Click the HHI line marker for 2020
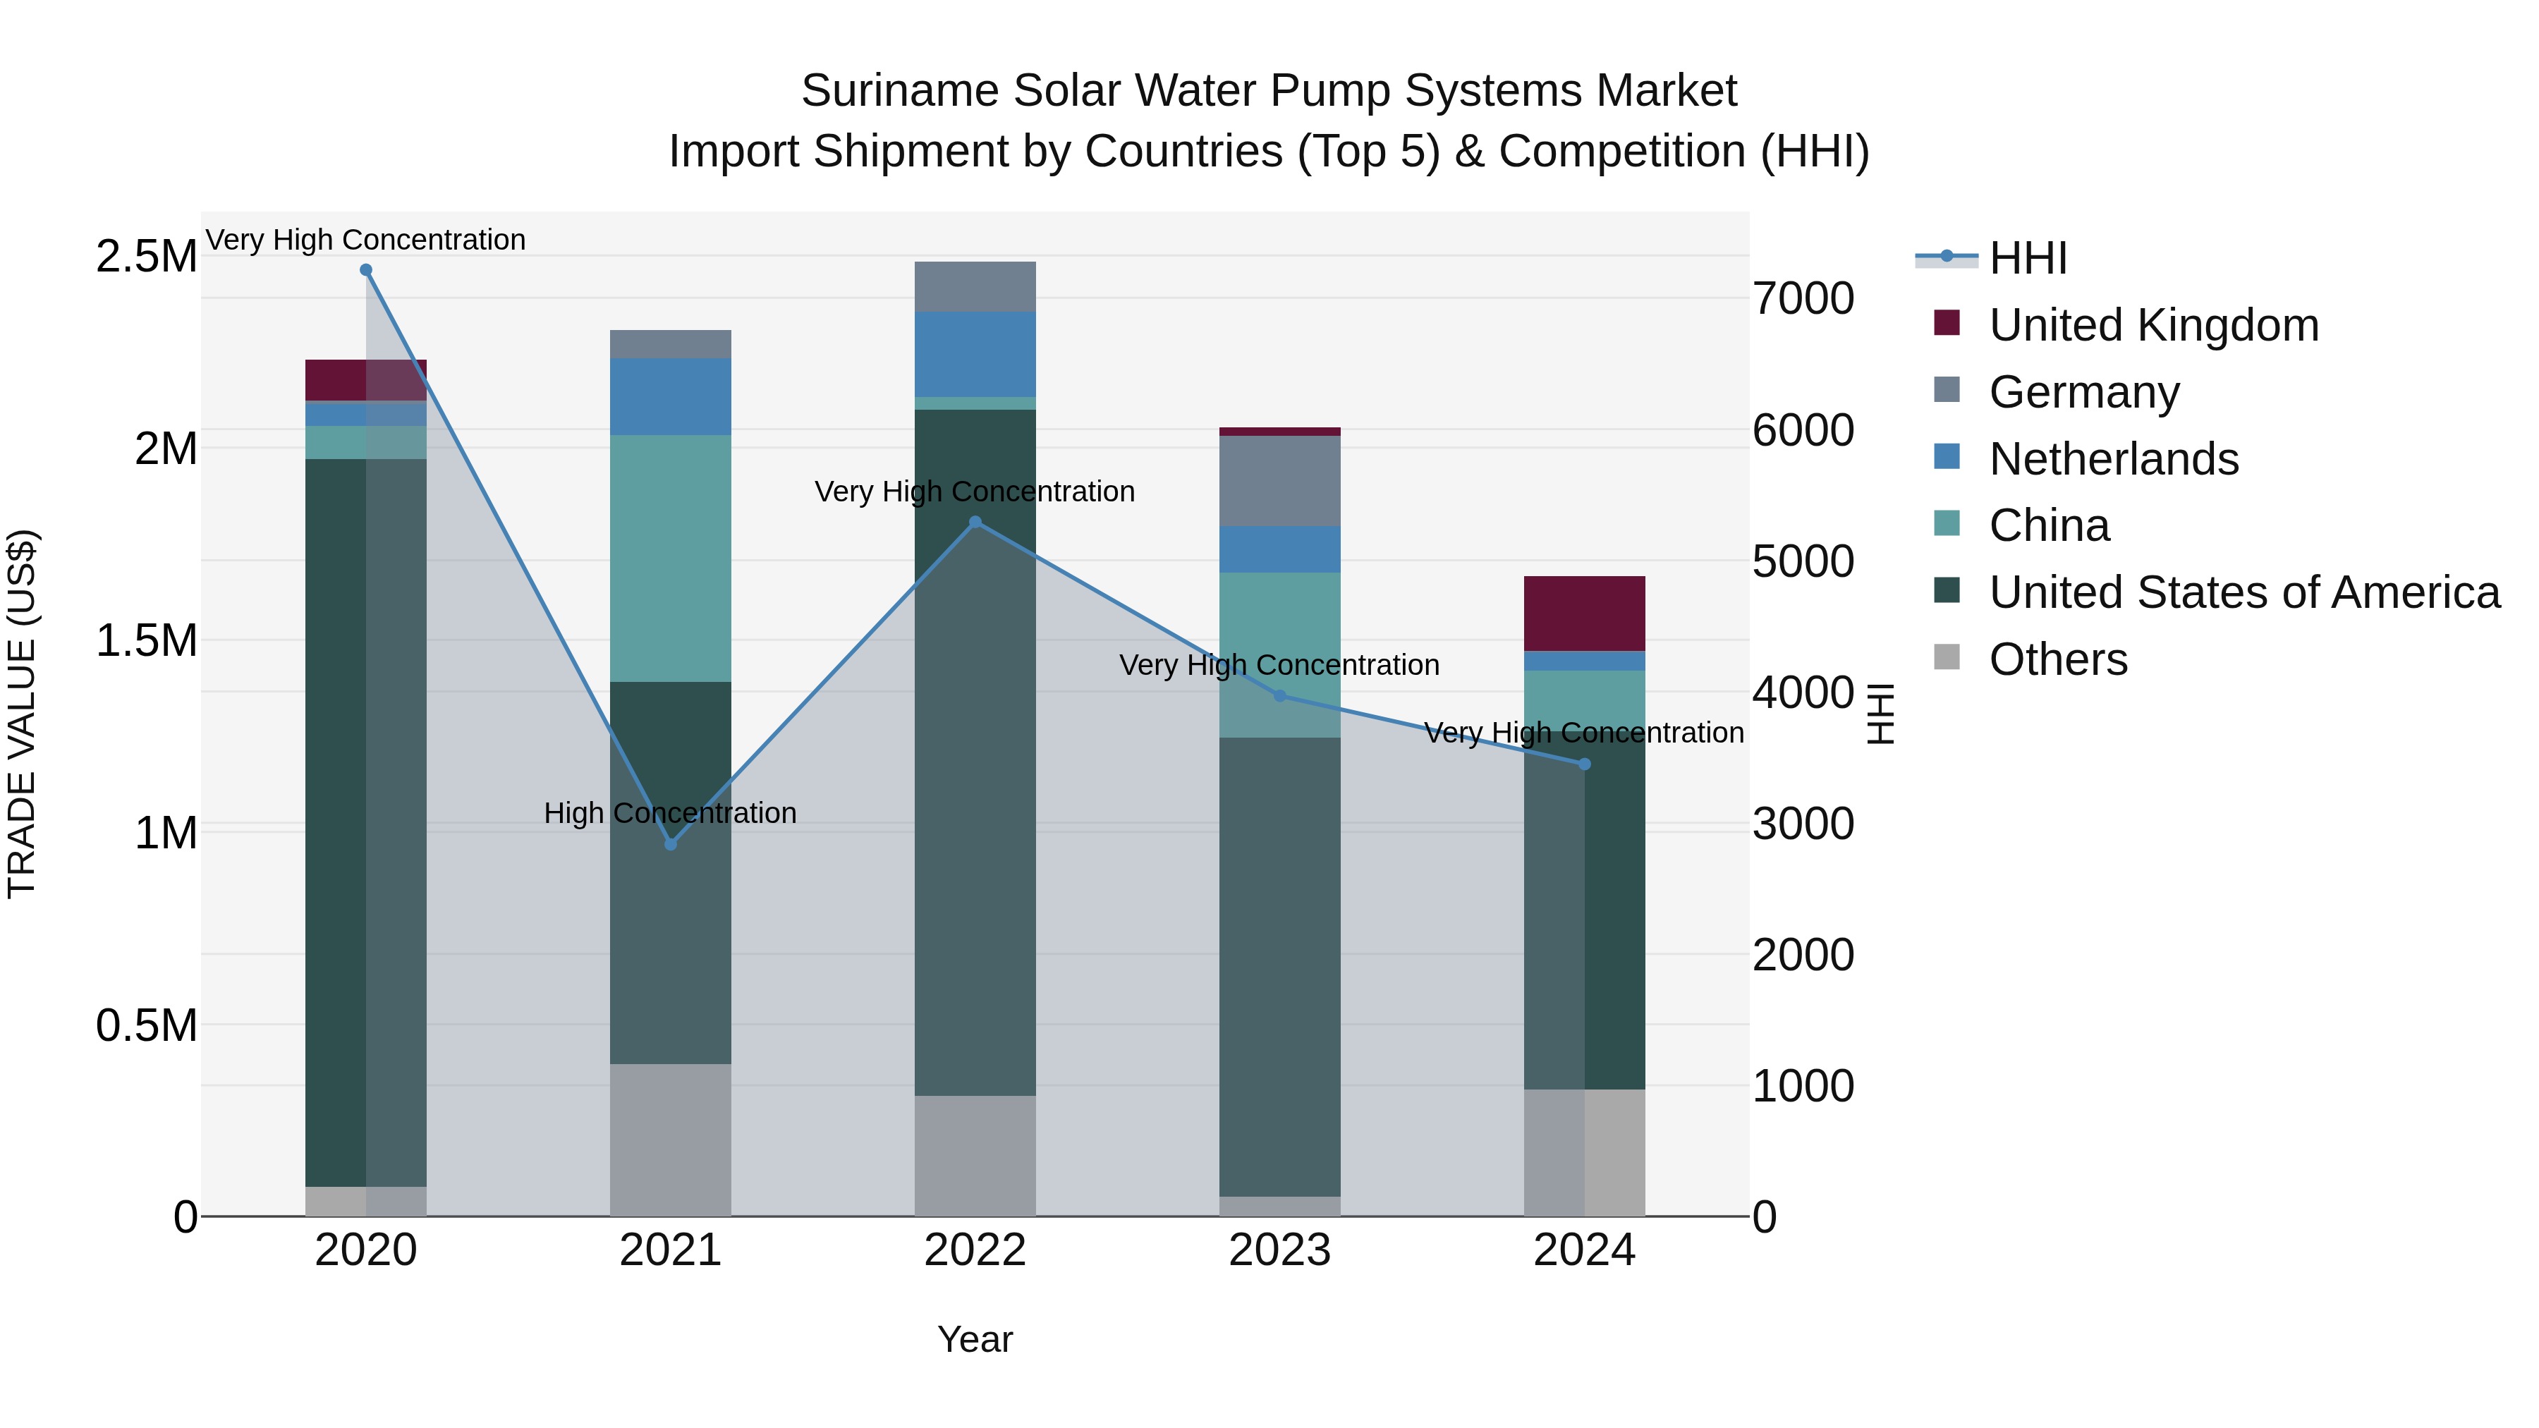[365, 270]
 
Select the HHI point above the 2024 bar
[1584, 764]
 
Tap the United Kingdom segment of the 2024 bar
[1584, 613]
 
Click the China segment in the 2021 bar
[670, 558]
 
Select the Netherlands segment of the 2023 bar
[1279, 549]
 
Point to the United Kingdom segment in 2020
[365, 379]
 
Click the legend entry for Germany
[2083, 392]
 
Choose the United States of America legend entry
[2243, 592]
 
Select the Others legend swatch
[1947, 657]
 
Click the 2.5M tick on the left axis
[146, 256]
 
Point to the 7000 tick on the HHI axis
[1803, 298]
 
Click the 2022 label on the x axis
[975, 1250]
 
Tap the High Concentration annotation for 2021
[670, 813]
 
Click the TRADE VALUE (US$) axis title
[22, 714]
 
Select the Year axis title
[975, 1339]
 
